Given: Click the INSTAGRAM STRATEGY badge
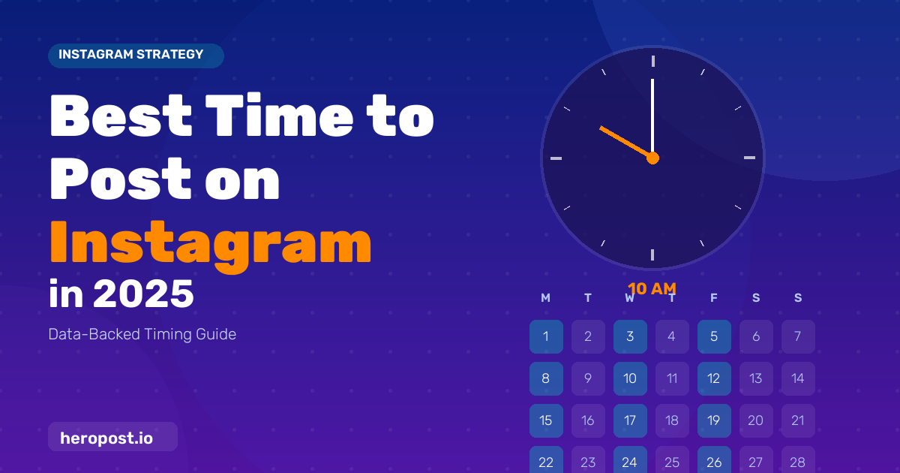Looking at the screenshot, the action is tap(136, 56).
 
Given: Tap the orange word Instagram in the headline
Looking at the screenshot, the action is tap(211, 246).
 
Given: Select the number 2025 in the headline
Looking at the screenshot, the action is tap(144, 294).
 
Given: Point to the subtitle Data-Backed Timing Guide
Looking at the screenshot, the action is tap(142, 334).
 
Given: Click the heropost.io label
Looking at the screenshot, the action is tap(113, 437).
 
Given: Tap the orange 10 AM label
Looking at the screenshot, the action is tap(652, 289).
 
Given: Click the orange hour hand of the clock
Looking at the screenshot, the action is tap(626, 143).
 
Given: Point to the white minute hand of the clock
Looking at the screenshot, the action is tap(652, 119).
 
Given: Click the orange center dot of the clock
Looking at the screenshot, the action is tap(653, 158).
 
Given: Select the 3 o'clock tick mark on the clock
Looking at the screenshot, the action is tap(749, 158).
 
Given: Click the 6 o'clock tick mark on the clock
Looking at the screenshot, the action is tap(652, 255).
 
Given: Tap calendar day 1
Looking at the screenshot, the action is tap(546, 336).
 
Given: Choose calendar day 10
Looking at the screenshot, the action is tap(630, 378).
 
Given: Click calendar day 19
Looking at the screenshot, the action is tap(714, 420).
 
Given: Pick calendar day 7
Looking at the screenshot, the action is tap(798, 336).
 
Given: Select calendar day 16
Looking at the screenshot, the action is tap(588, 420).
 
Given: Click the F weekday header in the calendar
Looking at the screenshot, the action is tap(714, 298).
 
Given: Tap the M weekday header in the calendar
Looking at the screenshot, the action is tap(546, 298).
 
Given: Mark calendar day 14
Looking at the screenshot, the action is tap(798, 378).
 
